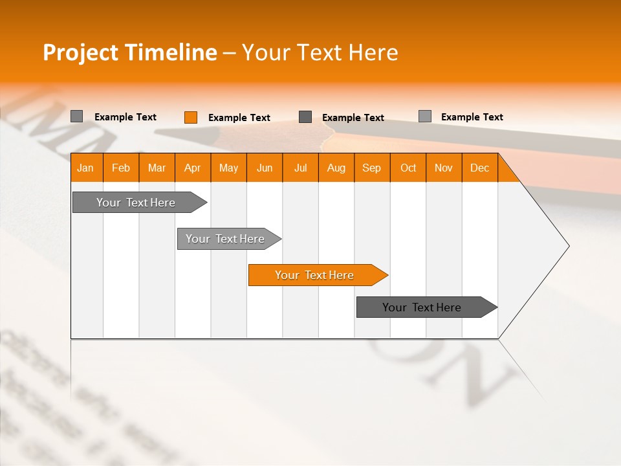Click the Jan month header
86,168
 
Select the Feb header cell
121,168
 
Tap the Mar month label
157,168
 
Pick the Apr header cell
193,168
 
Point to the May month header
228,168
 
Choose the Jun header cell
265,168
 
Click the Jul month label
300,168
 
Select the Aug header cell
336,168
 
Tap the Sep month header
372,168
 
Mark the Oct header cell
408,168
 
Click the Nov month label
444,168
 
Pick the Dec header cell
480,168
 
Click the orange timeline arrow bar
315,275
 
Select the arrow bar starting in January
136,203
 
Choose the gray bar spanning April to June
226,239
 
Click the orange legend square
191,117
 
